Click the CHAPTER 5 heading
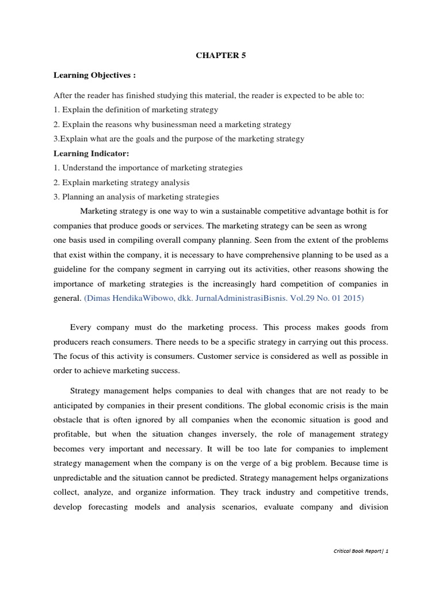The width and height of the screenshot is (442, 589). click(221, 56)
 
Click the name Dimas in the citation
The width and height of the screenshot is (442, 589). click(101, 299)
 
